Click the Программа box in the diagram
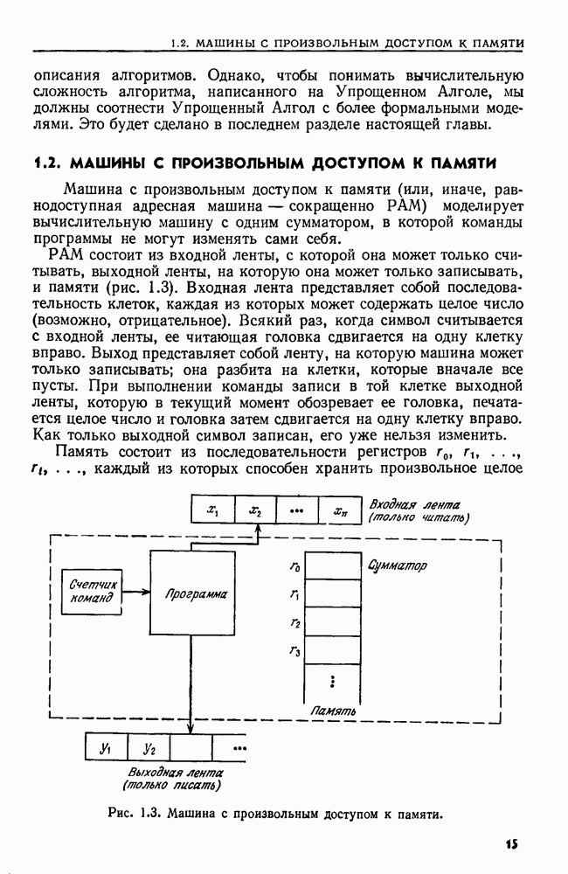point(195,593)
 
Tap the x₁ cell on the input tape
point(212,510)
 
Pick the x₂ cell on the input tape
point(254,510)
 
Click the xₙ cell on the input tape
point(339,510)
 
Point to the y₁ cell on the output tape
point(106,747)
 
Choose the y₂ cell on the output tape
point(149,747)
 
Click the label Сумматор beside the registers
point(398,566)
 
